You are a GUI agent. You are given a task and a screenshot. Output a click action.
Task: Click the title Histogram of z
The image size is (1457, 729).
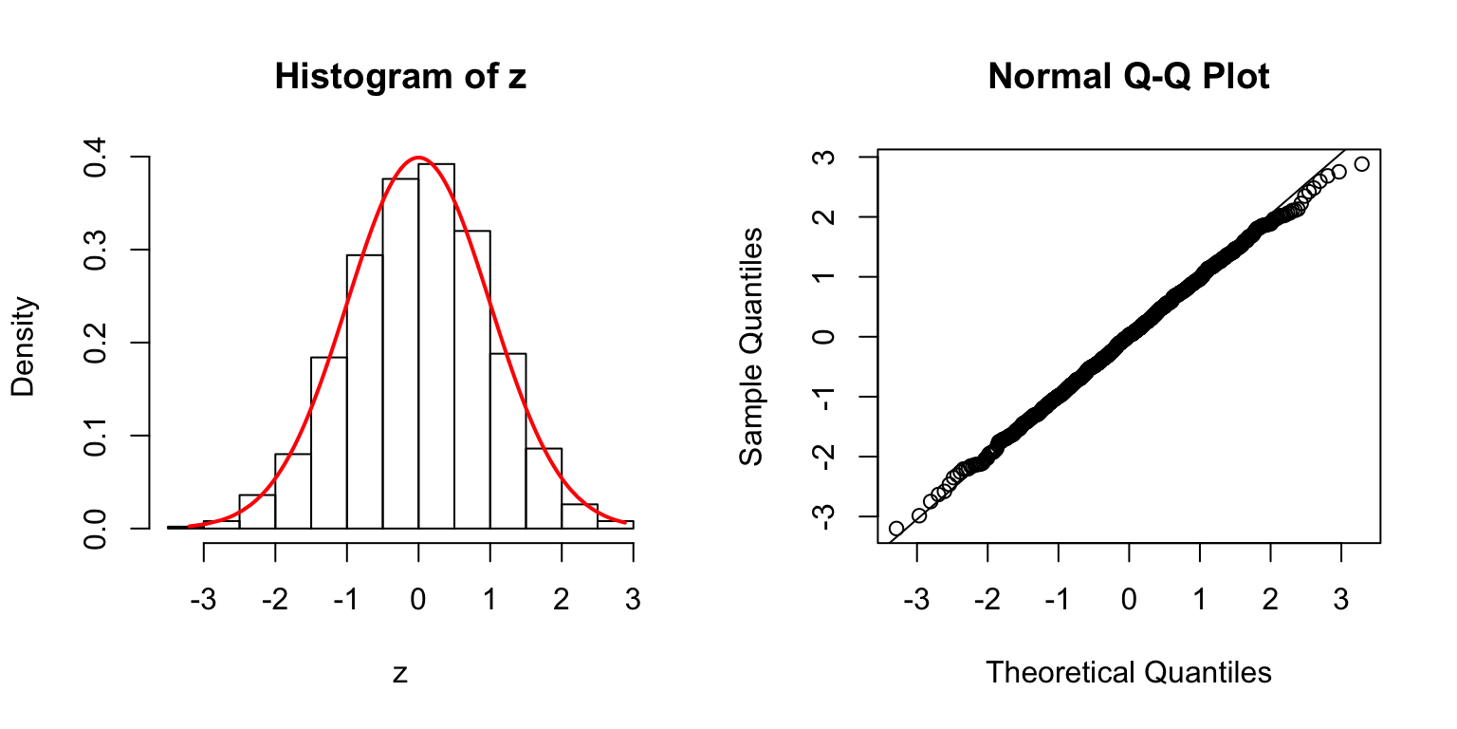point(399,77)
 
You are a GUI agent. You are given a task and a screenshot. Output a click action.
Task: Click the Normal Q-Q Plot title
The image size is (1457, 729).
point(1128,77)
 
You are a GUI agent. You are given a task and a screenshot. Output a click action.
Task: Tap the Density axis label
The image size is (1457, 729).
point(24,346)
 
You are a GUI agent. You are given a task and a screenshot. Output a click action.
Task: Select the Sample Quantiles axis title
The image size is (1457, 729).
point(751,346)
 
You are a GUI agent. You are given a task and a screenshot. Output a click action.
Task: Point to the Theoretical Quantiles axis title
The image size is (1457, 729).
point(1128,673)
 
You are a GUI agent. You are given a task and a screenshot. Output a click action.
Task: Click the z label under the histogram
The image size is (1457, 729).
point(400,674)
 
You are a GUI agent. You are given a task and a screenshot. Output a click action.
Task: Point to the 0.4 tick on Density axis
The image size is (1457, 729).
point(96,157)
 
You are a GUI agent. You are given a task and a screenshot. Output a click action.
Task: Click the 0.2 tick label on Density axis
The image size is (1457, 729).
point(96,343)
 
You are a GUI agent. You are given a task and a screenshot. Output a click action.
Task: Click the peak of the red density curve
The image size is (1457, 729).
point(418,158)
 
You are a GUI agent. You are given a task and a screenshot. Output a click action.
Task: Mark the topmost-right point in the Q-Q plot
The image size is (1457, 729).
point(1362,164)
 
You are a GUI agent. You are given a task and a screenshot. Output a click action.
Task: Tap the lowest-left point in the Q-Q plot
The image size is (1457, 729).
point(895,528)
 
